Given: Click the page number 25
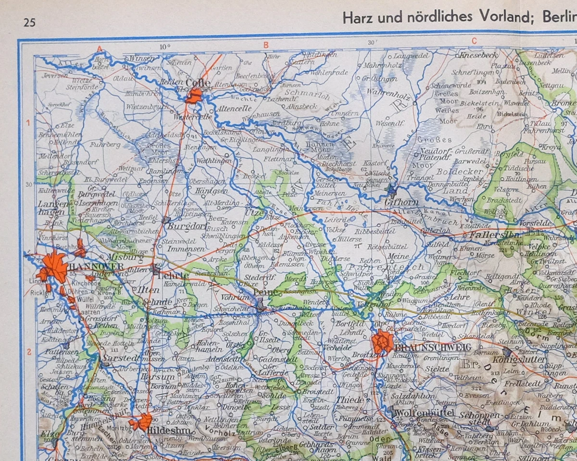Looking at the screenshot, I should (29, 22).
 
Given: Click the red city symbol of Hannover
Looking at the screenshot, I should (54, 267).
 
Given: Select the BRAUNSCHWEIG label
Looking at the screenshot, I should (425, 347).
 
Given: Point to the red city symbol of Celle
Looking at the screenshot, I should (194, 95).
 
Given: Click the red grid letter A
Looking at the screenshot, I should (100, 48).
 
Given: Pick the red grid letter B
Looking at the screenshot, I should (265, 45).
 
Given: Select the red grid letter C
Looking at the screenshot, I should (474, 41).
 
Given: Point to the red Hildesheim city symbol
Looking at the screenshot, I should (141, 421).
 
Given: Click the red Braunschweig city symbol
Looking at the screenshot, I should (383, 342).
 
